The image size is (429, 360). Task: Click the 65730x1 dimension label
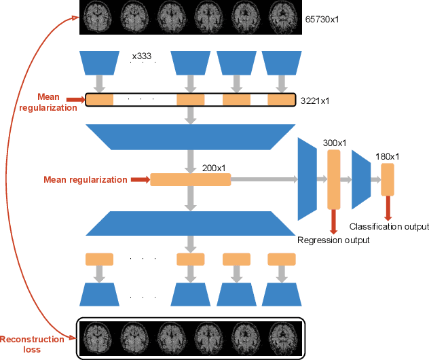(x=322, y=18)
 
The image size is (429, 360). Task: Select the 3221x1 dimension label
(x=316, y=100)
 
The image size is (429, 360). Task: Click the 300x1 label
(x=334, y=143)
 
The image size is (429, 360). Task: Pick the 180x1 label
(x=387, y=157)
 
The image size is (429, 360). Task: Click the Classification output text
(x=389, y=226)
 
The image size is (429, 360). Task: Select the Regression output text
(x=333, y=240)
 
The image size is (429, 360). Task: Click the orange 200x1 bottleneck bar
(x=190, y=180)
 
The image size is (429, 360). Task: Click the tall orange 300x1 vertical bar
(x=333, y=180)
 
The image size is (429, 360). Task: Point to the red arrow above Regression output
(x=333, y=221)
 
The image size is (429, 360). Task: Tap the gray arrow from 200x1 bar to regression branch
(x=265, y=180)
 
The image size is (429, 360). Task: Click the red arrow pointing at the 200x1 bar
(x=139, y=180)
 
